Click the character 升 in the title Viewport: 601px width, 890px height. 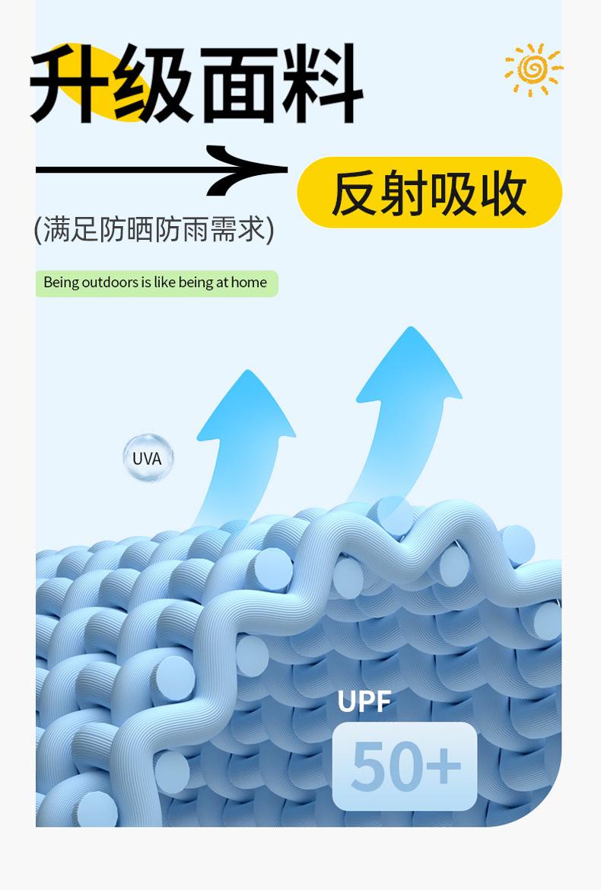[72, 84]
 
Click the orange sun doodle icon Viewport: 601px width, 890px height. [533, 69]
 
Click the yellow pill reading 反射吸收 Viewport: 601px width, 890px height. [429, 193]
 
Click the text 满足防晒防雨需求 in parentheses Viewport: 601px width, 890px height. [154, 229]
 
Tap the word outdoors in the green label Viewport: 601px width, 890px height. [110, 282]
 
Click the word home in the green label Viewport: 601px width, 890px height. [249, 282]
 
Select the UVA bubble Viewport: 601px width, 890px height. [148, 458]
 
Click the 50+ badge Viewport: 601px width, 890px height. [405, 766]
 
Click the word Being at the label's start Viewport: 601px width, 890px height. [61, 282]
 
